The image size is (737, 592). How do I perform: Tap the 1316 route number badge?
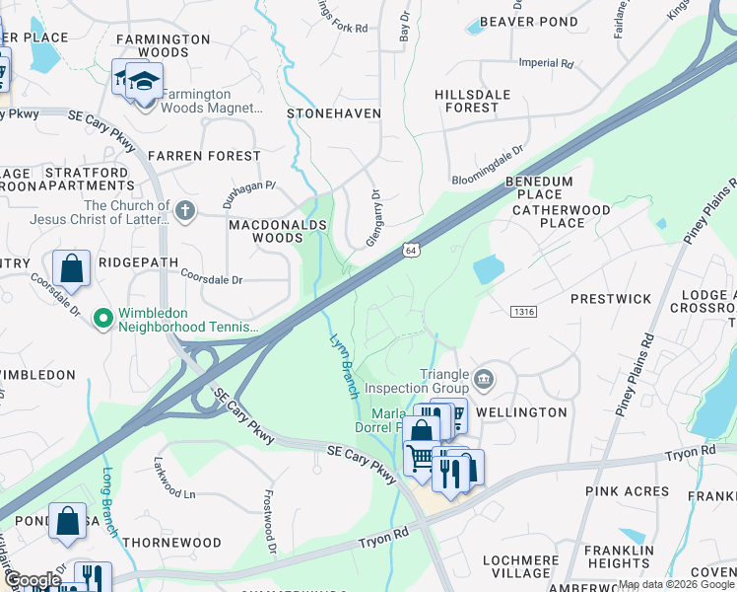(523, 312)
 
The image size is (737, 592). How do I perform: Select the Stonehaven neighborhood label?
(333, 113)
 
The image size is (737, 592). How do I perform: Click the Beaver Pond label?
(528, 21)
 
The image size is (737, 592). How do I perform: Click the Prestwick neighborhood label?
(611, 298)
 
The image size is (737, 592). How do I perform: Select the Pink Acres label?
(627, 490)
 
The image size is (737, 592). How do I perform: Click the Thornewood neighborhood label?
(173, 543)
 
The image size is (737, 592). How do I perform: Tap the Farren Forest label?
(204, 156)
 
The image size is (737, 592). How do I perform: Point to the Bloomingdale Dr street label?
(488, 167)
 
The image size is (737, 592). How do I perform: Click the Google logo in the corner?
(32, 580)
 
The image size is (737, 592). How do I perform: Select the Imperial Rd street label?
(545, 63)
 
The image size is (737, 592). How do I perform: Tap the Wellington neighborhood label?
(521, 411)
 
